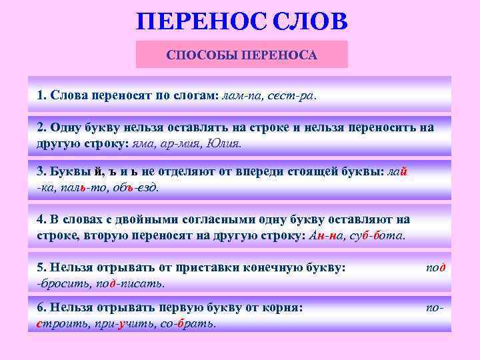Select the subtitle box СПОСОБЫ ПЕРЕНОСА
[x=242, y=54]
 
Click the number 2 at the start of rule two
[x=41, y=128]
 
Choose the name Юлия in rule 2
[x=223, y=142]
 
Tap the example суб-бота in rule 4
[x=378, y=235]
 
